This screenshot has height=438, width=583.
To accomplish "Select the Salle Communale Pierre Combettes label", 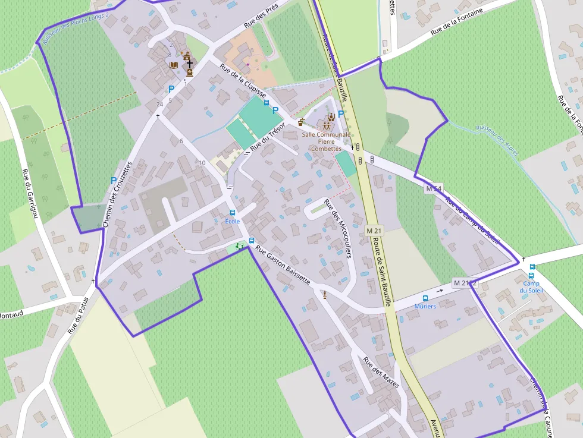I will (326, 141).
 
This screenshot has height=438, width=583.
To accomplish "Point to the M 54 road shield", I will (434, 188).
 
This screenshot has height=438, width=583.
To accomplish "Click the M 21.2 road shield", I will (465, 283).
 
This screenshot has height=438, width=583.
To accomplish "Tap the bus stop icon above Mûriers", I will (425, 298).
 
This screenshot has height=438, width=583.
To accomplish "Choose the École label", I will (232, 221).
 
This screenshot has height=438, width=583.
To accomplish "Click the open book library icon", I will (174, 65).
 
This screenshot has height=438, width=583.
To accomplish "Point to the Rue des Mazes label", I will (381, 372).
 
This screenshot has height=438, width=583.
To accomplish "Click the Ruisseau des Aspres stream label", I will (497, 140).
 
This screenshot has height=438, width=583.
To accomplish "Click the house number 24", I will (159, 105).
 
